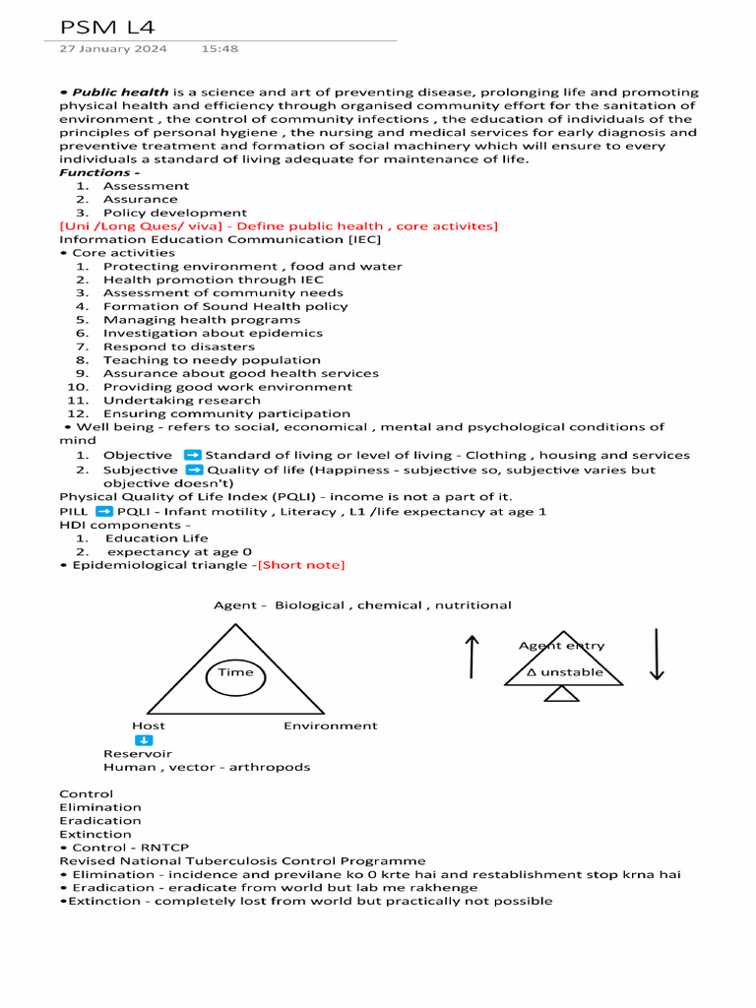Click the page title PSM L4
(107, 27)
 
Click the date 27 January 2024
(113, 48)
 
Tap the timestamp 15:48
(220, 48)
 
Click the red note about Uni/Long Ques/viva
(279, 226)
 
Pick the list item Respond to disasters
(178, 346)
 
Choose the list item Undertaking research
(181, 401)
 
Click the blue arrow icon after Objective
(193, 455)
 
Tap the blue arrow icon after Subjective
(195, 471)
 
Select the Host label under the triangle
(149, 725)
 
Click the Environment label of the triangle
(330, 725)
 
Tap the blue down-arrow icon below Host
(144, 740)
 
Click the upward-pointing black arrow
(472, 656)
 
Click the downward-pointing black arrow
(657, 656)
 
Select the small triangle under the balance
(562, 694)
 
